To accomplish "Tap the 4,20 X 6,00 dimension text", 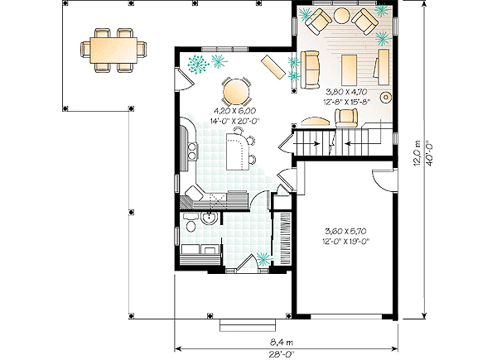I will tap(234, 110).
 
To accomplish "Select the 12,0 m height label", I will tap(417, 152).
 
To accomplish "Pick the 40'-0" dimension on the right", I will tap(429, 152).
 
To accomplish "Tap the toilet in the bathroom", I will tap(191, 224).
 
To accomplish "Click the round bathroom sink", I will tap(209, 218).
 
